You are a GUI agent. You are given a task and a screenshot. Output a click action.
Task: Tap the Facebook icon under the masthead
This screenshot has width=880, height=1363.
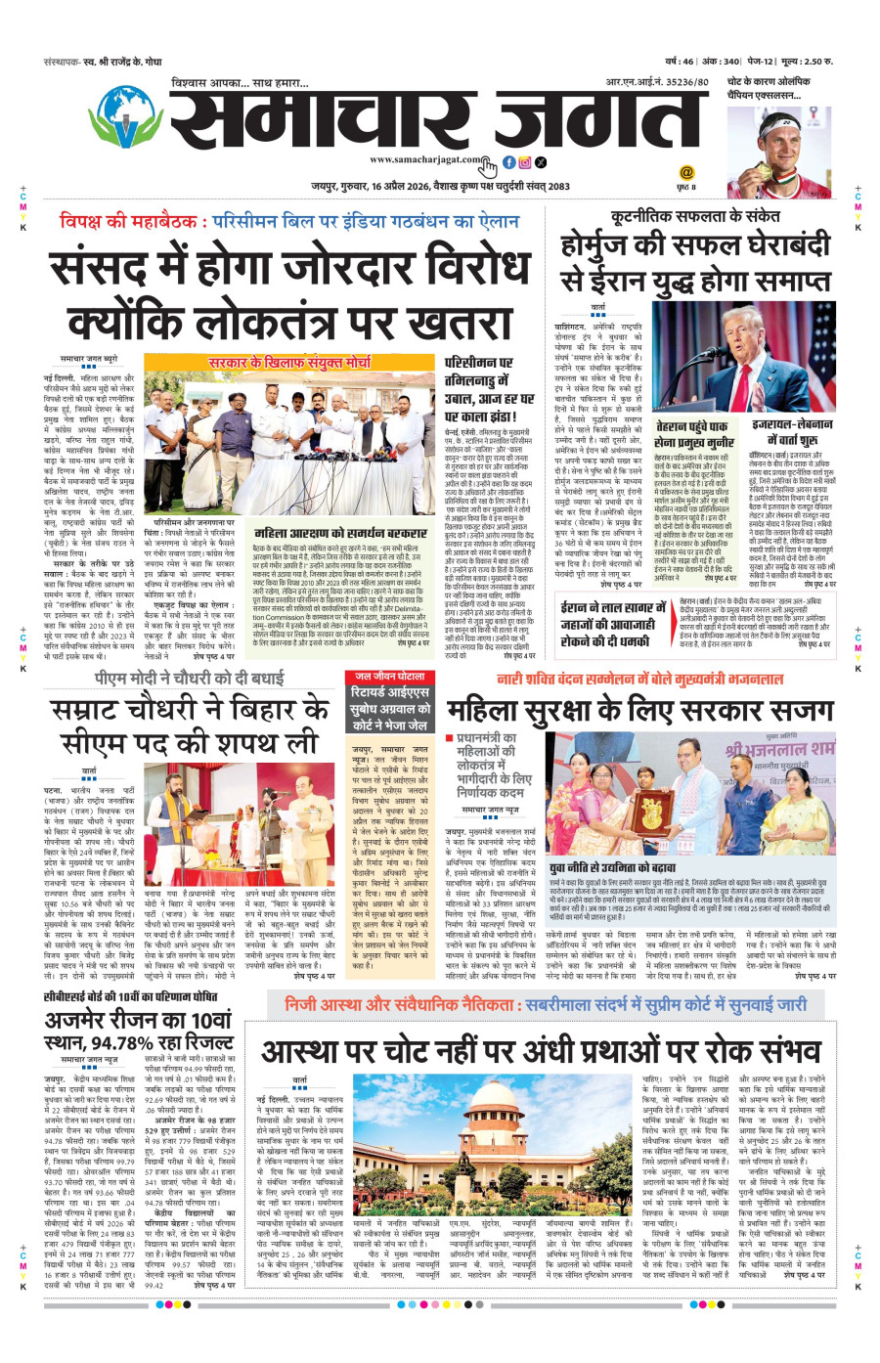pos(508,162)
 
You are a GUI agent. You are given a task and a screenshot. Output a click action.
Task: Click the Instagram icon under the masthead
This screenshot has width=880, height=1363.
pos(525,162)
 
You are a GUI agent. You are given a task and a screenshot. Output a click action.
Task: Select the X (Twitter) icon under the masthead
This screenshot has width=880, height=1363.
pos(541,162)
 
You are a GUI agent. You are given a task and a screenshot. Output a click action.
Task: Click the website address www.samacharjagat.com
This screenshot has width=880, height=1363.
pos(425,159)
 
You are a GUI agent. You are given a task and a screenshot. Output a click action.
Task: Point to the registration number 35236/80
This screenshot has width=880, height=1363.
pos(685,83)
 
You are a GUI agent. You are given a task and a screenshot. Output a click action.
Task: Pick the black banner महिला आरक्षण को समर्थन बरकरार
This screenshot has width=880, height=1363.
pos(340,534)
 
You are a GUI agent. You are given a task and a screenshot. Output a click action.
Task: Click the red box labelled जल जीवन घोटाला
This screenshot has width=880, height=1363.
pos(389,677)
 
